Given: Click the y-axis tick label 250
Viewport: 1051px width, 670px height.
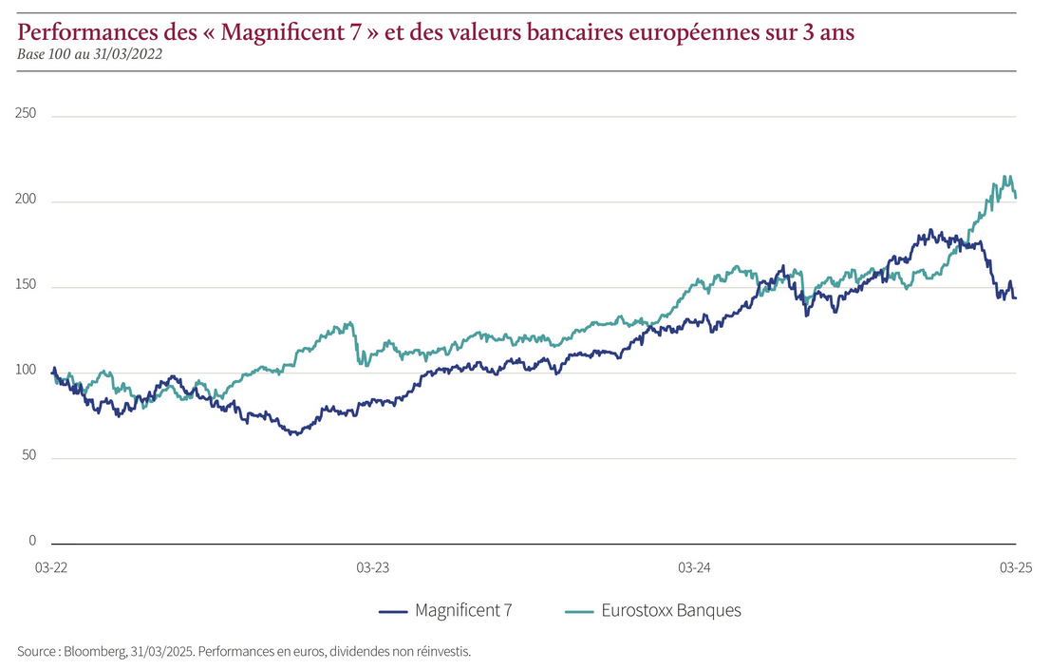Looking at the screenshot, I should [x=27, y=114].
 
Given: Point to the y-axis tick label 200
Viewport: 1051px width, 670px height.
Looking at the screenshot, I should [x=27, y=200].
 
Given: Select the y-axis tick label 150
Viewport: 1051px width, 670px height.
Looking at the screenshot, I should [x=27, y=285].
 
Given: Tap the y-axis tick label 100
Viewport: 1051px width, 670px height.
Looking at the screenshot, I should [x=27, y=371].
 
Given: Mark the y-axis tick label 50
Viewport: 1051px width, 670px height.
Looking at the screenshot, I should [x=29, y=456].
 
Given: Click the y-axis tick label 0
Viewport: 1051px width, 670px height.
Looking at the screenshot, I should [x=32, y=541].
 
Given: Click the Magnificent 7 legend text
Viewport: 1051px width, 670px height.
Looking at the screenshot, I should [x=463, y=611].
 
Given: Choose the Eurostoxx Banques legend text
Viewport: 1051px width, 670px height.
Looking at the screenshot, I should [x=671, y=611].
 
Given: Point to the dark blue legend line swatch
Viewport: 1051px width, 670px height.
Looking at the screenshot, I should [x=393, y=611].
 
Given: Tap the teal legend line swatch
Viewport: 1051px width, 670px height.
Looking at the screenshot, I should [x=579, y=611].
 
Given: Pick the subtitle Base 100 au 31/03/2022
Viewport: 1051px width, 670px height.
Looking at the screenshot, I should [x=89, y=54].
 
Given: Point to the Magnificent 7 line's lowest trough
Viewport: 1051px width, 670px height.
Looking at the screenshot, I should [x=295, y=434].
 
